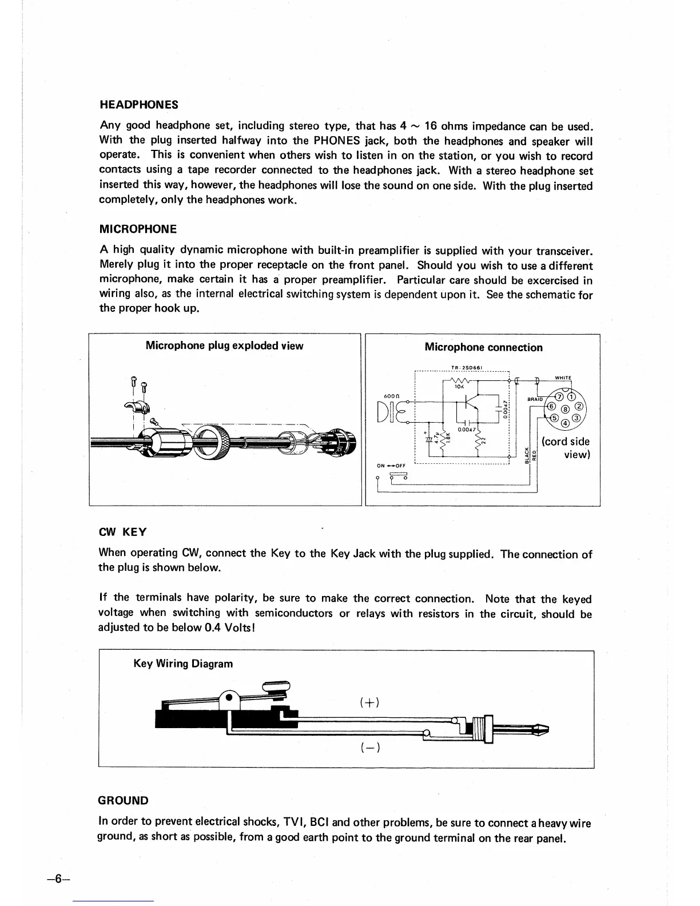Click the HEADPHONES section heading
(x=138, y=105)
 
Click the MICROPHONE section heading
(x=138, y=229)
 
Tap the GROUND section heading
(x=124, y=801)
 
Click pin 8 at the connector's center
(x=565, y=410)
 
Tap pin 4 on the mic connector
(x=564, y=423)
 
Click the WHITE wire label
(x=563, y=378)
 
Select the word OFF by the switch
(x=399, y=466)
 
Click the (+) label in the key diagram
(x=370, y=702)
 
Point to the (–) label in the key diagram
(x=370, y=748)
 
